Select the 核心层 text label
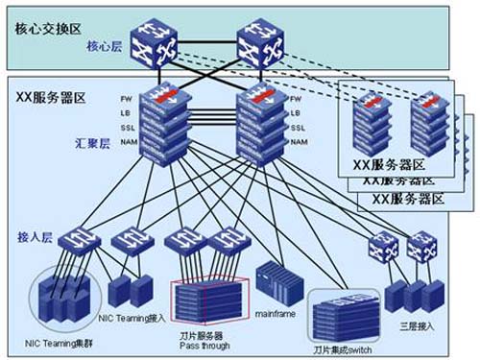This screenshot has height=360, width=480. (106, 45)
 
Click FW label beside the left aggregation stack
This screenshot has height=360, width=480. (126, 99)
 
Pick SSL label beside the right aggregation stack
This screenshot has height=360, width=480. (300, 128)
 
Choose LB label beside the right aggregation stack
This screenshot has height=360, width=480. (299, 113)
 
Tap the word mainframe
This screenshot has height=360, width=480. (277, 313)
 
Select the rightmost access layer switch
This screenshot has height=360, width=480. (420, 250)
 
